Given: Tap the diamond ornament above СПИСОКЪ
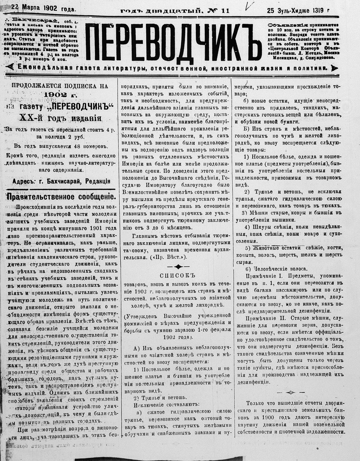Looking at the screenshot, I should [178, 266].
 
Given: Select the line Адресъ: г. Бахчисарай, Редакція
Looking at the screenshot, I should [62, 181].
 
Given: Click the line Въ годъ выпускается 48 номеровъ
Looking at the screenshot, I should [60, 146].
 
